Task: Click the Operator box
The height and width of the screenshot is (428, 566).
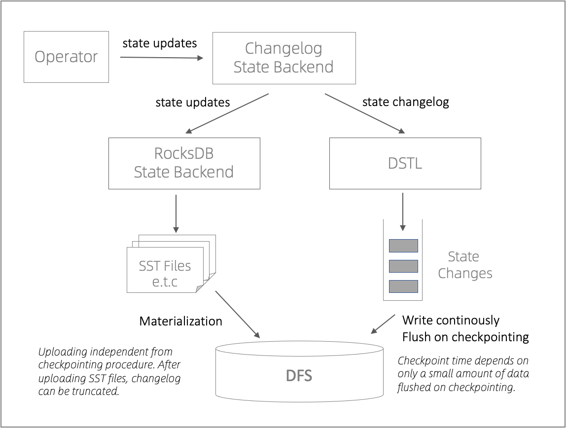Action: [66, 57]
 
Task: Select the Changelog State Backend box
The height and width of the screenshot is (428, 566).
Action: [283, 58]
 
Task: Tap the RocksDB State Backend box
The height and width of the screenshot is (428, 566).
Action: [184, 163]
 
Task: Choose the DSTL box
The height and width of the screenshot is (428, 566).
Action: [405, 163]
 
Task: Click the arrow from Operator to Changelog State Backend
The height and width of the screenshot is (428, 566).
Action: [162, 58]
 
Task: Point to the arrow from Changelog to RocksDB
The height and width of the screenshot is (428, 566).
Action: [227, 113]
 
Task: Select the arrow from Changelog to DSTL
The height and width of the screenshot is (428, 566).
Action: [365, 113]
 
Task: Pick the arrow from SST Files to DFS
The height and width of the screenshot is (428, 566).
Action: [237, 314]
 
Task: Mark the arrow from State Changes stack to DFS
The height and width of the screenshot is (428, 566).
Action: [383, 323]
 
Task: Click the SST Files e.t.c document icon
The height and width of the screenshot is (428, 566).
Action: [165, 269]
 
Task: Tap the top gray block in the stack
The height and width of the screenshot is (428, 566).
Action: [403, 246]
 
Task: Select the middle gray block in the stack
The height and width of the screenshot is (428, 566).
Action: [403, 266]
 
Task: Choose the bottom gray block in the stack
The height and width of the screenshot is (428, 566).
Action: [403, 286]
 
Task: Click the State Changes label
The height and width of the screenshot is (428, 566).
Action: [464, 265]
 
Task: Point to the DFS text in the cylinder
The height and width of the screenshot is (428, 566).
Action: [299, 376]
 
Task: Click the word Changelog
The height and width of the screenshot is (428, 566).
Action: [283, 49]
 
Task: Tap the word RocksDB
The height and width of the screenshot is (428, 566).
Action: [184, 153]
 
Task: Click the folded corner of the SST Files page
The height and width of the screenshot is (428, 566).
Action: [200, 288]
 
